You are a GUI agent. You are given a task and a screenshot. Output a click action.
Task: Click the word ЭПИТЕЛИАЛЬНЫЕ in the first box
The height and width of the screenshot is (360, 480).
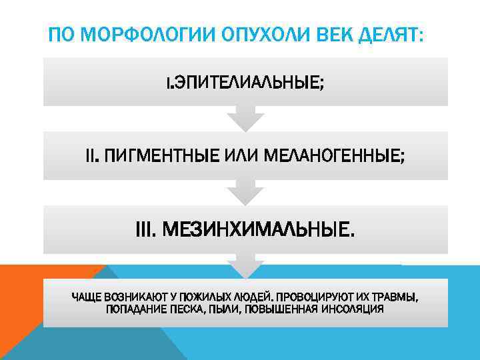coord(249,84)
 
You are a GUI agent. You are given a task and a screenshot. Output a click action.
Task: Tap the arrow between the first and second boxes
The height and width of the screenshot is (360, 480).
coord(245,119)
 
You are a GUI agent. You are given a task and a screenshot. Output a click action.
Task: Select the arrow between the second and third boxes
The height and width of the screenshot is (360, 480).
coord(245,193)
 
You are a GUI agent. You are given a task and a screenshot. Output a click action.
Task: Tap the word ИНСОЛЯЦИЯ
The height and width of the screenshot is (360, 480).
coord(353,309)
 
